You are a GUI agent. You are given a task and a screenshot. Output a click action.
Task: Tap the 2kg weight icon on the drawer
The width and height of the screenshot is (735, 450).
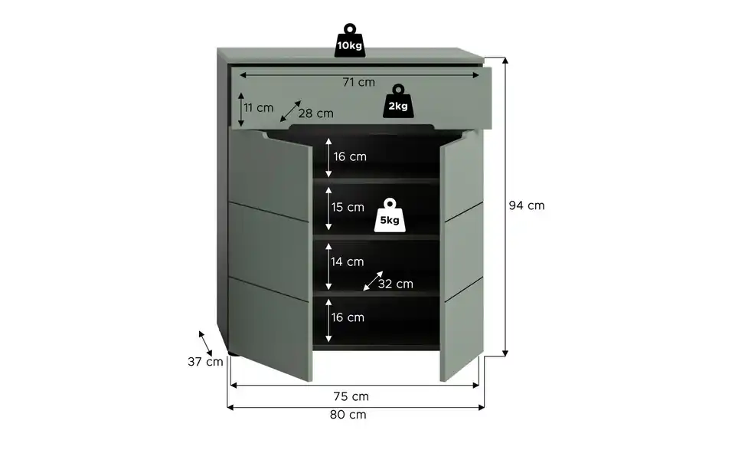398,101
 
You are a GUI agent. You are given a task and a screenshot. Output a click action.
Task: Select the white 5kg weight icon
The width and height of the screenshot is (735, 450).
390,215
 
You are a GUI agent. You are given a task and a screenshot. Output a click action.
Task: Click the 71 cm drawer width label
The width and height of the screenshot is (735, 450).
358,82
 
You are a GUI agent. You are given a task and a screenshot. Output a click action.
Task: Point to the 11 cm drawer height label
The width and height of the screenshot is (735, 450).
258,108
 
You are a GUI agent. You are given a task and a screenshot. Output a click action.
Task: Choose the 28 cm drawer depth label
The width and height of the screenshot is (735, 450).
316,113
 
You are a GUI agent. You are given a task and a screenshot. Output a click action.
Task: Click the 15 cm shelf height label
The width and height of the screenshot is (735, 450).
348,207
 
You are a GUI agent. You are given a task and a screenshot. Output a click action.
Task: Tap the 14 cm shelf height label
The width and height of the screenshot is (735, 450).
348,262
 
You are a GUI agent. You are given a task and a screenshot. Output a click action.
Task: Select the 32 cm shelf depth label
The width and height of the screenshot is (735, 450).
396,284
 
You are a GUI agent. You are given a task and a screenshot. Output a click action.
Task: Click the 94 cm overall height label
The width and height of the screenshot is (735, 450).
527,205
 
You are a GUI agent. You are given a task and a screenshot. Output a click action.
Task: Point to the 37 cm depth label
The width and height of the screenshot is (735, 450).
205,362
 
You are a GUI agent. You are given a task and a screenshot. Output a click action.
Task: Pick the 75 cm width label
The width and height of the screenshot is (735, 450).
351,396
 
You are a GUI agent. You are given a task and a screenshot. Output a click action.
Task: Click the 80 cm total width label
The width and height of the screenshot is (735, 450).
348,415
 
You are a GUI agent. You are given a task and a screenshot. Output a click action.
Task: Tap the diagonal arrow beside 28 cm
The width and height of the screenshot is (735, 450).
291,111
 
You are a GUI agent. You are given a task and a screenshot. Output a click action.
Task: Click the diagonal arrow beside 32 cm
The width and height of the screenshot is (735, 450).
373,281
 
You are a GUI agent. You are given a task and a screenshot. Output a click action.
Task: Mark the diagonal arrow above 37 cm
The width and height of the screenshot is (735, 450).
205,343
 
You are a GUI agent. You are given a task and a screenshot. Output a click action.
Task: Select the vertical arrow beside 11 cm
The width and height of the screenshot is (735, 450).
241,110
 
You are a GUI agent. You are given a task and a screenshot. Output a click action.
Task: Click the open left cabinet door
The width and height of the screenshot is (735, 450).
270,254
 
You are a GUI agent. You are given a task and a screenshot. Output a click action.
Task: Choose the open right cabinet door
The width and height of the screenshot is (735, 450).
462,256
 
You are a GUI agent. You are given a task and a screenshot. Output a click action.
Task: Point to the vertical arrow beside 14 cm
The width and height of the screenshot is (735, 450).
328,267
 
